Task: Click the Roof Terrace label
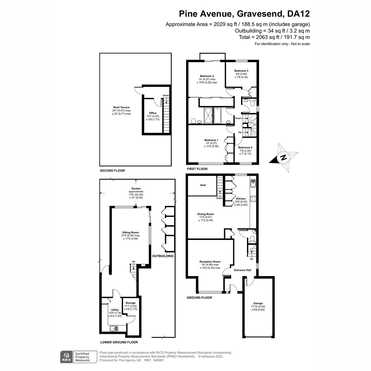point(121,107)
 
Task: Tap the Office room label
point(153,113)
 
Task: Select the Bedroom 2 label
point(207,76)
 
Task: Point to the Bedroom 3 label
point(241,70)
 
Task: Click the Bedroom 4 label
point(245,147)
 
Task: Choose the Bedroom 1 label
point(211,140)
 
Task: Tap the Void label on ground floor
point(203,185)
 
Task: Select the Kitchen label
point(241,198)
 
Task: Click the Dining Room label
point(206,214)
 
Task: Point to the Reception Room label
point(210,262)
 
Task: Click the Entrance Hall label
point(242,270)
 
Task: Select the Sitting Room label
point(130,232)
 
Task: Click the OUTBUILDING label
point(163,256)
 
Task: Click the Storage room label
point(130,303)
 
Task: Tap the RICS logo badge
point(66,356)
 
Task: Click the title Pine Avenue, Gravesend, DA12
point(245,14)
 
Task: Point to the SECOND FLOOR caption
point(112,171)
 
